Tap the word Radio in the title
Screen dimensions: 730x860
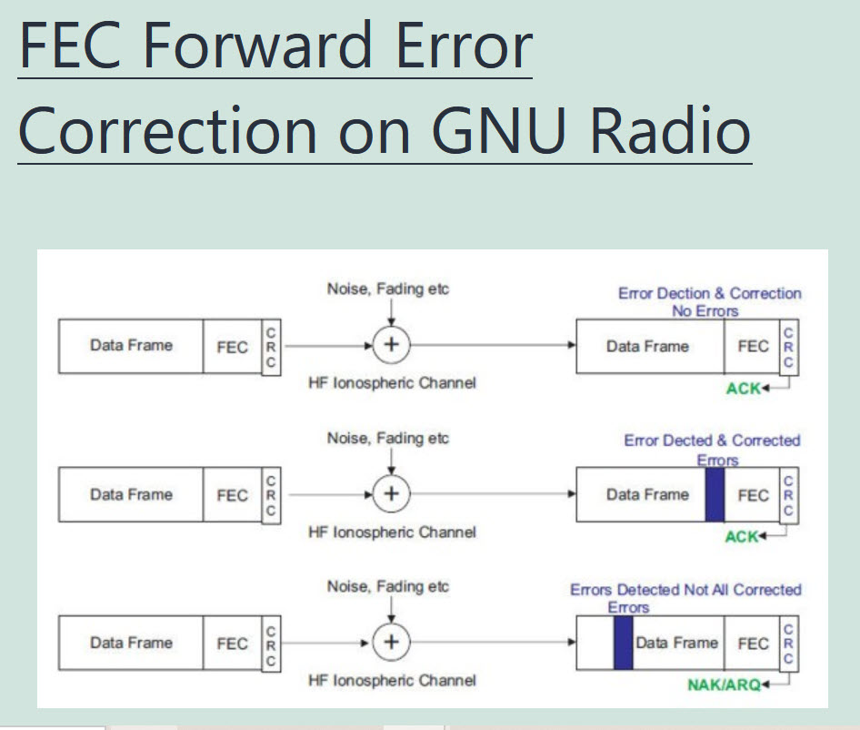point(670,129)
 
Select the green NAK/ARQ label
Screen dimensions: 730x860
point(724,684)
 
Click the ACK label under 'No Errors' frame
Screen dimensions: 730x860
point(743,389)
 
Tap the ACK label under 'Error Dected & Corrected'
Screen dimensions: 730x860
point(742,537)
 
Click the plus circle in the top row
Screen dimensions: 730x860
point(391,346)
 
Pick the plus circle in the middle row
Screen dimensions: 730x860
point(391,494)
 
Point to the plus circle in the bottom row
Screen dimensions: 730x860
point(391,642)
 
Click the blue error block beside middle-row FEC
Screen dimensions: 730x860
point(715,494)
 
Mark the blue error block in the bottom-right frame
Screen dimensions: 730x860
point(623,643)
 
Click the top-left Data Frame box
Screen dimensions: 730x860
point(131,346)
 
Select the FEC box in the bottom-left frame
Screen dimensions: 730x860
point(232,643)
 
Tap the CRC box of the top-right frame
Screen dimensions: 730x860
point(788,347)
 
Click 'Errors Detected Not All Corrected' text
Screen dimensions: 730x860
point(685,590)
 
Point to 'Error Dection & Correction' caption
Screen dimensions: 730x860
point(709,293)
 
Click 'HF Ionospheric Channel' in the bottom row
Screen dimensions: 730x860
point(392,680)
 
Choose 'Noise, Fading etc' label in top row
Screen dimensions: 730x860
point(388,289)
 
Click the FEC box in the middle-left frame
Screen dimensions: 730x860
point(232,495)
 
